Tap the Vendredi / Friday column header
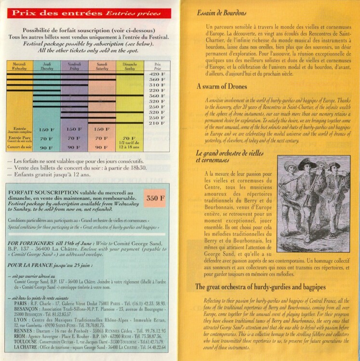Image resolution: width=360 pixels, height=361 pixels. pos(74,67)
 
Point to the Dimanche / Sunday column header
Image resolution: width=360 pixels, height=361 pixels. pos(130,67)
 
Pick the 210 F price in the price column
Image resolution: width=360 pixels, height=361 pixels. pos(154,123)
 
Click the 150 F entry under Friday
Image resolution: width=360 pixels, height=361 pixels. pos(74,129)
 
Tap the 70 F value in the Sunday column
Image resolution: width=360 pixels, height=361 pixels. pos(130,139)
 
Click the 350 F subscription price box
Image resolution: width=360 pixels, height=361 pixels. pos(156,197)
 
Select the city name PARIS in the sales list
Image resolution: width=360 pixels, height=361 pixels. pos(23,303)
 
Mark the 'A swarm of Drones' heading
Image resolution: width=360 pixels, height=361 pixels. pos(222,87)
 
